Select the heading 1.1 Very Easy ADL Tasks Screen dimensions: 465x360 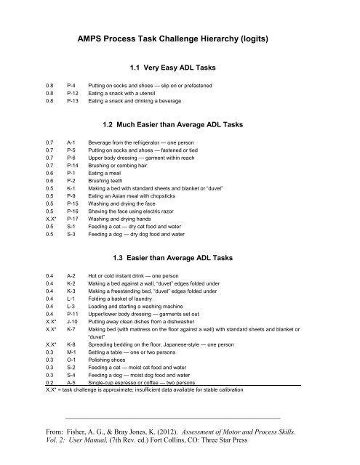coord(179,68)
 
